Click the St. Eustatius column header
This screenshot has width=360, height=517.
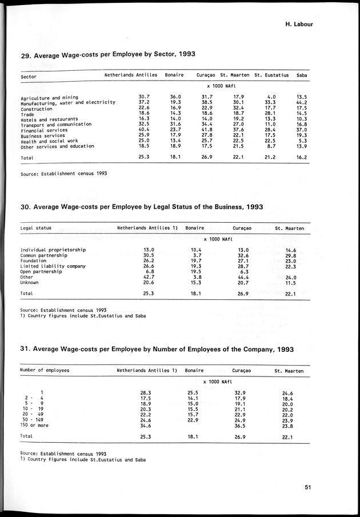coord(271,75)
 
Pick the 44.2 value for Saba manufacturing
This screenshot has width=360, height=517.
coord(302,103)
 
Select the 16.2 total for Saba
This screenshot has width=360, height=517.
coord(302,158)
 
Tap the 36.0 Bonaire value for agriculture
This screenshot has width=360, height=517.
coord(175,97)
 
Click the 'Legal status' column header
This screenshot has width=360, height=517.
coord(36,228)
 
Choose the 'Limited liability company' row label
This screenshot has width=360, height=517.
coord(53,266)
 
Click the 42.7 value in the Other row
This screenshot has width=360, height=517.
coord(148,277)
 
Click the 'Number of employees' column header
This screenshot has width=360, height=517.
coord(45,370)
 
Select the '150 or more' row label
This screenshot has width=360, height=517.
coord(35,425)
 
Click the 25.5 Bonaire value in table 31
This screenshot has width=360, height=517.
coord(194,392)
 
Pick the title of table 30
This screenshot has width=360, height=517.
coord(142,207)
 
